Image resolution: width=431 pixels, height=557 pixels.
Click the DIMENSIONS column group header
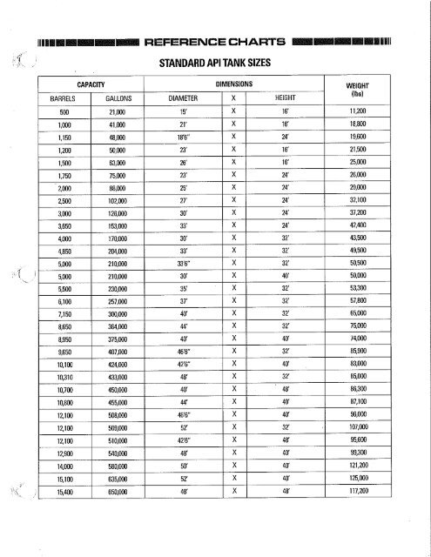coord(234,85)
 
